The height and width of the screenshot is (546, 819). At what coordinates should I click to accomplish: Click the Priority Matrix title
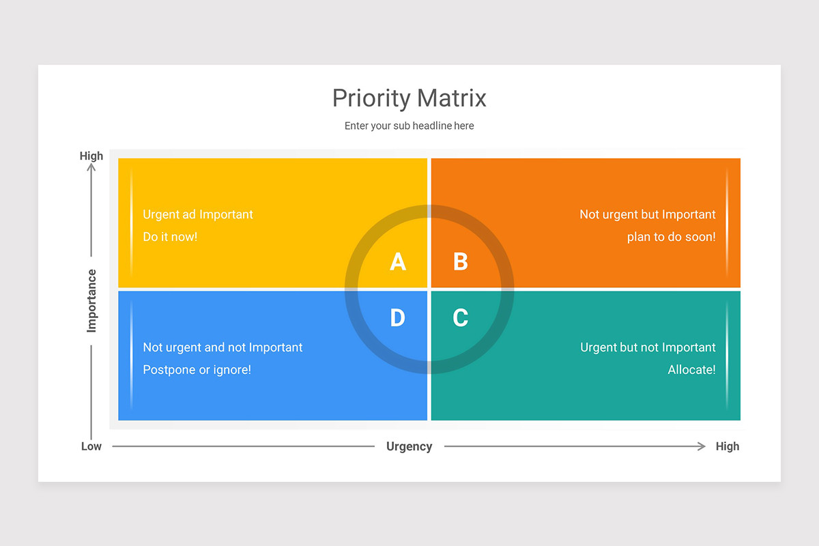point(409,98)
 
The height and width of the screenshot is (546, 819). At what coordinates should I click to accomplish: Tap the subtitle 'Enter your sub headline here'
point(409,126)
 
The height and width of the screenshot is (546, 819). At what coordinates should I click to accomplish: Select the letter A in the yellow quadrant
point(398,262)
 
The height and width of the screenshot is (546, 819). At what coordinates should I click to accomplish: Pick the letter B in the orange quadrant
point(461,262)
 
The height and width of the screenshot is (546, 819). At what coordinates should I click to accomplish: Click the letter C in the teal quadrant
point(461,317)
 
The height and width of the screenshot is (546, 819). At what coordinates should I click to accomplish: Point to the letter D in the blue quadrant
point(397,317)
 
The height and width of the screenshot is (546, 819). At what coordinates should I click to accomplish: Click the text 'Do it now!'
point(170,237)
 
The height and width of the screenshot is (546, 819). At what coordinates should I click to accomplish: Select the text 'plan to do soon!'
point(671,237)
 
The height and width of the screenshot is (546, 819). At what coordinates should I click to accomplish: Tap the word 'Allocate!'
point(691,370)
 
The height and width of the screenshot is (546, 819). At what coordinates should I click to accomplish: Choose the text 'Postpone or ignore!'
point(197,370)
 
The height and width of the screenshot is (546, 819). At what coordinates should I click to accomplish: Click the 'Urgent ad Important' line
point(198,214)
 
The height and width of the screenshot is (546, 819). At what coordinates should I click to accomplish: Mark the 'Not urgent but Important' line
point(648,214)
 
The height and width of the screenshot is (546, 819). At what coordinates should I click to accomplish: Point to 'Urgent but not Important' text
point(648,347)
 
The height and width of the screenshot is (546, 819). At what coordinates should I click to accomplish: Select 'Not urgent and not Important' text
point(222,347)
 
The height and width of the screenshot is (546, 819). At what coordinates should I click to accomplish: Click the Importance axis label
point(91,301)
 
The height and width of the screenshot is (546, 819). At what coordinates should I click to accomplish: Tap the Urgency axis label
point(409,446)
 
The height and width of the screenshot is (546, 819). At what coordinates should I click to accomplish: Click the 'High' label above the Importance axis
point(91,156)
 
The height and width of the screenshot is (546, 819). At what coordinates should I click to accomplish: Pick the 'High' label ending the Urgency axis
point(728,446)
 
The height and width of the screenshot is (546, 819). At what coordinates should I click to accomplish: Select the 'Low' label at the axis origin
point(91,446)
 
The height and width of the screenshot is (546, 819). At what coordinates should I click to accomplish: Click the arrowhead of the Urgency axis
point(702,446)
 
